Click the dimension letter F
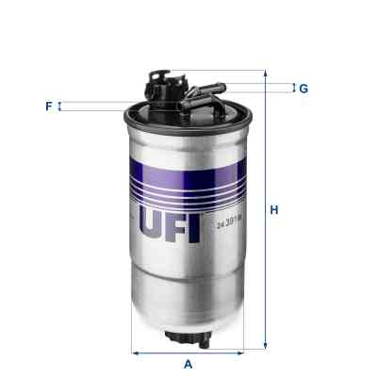click(48, 107)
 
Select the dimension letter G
click(303, 89)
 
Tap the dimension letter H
click(274, 210)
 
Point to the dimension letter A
click(188, 364)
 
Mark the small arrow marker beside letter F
click(60, 107)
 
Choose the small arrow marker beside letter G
click(293, 89)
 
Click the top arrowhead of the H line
click(265, 74)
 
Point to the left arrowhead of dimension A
click(132, 354)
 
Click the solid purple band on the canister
click(188, 163)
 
